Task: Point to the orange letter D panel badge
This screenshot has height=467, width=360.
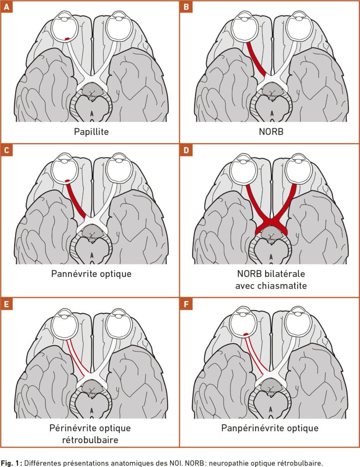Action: tap(185, 150)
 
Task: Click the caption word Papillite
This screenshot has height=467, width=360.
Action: tap(90, 133)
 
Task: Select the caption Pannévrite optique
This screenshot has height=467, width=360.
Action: tap(90, 275)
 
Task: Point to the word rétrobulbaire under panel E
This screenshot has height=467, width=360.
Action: tap(90, 440)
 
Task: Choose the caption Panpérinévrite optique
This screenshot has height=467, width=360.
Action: tap(270, 428)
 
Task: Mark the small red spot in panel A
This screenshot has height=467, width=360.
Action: tap(67, 38)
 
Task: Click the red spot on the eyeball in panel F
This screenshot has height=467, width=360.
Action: tap(246, 334)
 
